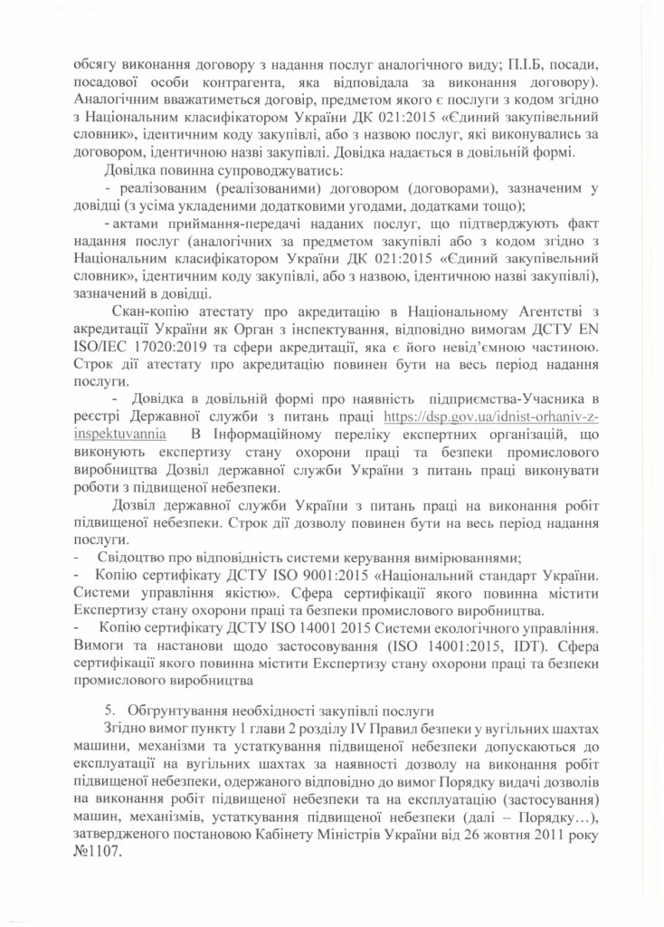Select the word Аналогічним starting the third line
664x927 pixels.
pyautogui.click(x=115, y=100)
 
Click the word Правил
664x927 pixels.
pyautogui.click(x=390, y=729)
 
